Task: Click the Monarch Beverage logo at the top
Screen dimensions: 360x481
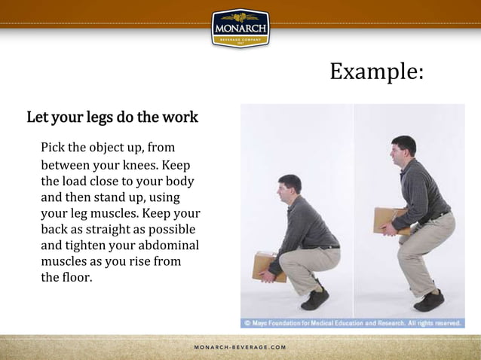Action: point(240,28)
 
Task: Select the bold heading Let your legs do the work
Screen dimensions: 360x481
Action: point(112,117)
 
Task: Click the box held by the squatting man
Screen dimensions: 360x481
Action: point(268,265)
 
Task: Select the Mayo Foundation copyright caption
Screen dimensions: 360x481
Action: point(351,323)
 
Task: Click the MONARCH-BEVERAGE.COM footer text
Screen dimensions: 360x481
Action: point(240,347)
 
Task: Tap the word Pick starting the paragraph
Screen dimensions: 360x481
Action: point(54,146)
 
